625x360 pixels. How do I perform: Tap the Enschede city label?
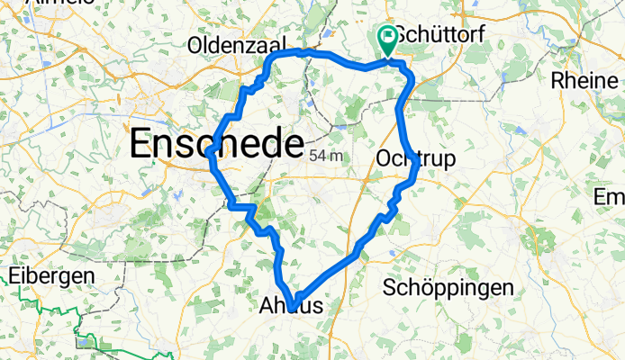[216, 143]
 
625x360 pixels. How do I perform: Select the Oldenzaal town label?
[237, 44]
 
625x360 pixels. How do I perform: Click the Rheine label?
[584, 79]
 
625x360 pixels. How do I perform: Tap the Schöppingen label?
[448, 287]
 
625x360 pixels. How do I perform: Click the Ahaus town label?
[290, 307]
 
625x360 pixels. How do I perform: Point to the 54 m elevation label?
[327, 156]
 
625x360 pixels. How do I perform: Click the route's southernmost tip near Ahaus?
[294, 309]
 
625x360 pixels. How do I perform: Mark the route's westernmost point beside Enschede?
[208, 154]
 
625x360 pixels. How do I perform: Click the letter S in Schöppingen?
[390, 287]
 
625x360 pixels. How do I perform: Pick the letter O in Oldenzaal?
[196, 44]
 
